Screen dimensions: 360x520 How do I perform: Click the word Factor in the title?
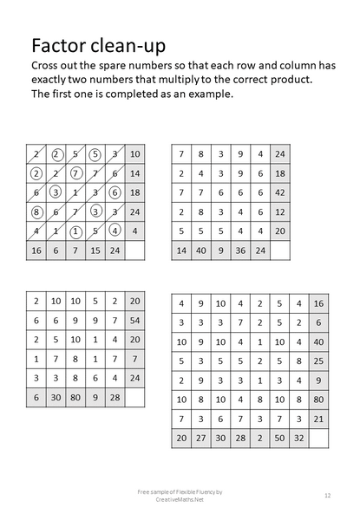pyautogui.click(x=56, y=44)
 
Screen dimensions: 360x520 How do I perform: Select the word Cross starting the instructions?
pyautogui.click(x=45, y=66)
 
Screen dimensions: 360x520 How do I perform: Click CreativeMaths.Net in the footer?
pyautogui.click(x=180, y=498)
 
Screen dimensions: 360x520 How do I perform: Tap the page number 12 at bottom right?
pyautogui.click(x=327, y=495)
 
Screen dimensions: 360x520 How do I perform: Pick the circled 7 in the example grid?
pyautogui.click(x=75, y=173)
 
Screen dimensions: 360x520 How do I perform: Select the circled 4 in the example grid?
pyautogui.click(x=115, y=231)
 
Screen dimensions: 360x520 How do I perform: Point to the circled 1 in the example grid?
pyautogui.click(x=75, y=231)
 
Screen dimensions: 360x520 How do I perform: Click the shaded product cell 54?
pyautogui.click(x=134, y=320)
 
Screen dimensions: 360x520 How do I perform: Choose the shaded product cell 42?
pyautogui.click(x=279, y=192)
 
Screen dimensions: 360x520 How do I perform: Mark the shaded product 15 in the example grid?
pyautogui.click(x=95, y=250)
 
